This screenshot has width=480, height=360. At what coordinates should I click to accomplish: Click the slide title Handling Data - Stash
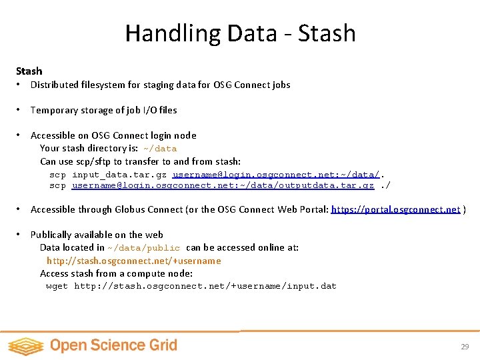[x=240, y=33]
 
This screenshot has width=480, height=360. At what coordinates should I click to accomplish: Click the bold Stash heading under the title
[x=29, y=71]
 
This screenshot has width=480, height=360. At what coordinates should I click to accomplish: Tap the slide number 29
[x=465, y=347]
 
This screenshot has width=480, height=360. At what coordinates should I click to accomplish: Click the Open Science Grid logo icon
[x=25, y=346]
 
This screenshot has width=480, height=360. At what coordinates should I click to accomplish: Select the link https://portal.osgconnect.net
[x=395, y=209]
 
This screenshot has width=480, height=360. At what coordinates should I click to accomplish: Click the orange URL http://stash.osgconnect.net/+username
[x=133, y=261]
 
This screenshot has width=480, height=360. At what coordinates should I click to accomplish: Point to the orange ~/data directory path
[x=160, y=149]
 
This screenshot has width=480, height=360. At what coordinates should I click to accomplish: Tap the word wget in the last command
[x=57, y=286]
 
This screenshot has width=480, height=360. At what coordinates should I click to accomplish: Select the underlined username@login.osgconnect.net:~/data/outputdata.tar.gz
[x=223, y=185]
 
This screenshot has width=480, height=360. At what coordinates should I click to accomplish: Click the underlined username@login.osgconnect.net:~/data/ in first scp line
[x=276, y=175]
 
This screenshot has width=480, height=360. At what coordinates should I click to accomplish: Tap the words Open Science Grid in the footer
[x=113, y=345]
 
